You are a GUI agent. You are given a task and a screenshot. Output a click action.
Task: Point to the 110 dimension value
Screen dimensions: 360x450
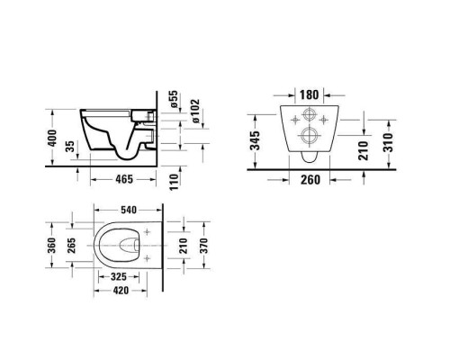click(x=174, y=185)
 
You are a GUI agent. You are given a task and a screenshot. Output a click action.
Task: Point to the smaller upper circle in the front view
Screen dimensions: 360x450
click(x=308, y=116)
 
